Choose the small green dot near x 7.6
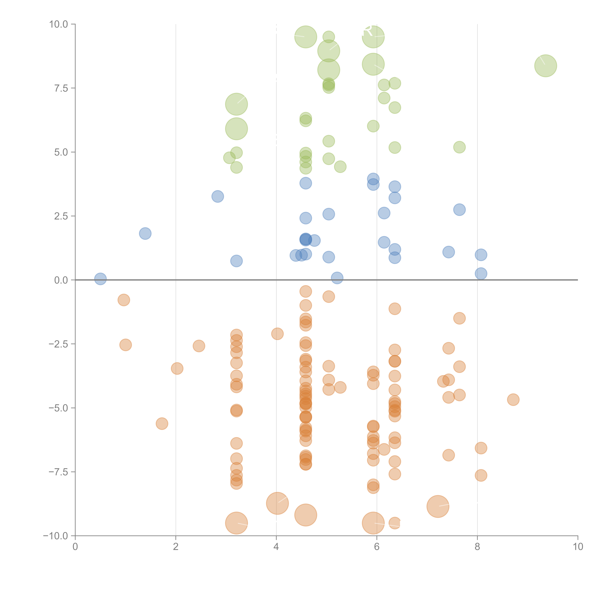tap(459, 147)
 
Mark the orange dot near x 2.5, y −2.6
tap(199, 346)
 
